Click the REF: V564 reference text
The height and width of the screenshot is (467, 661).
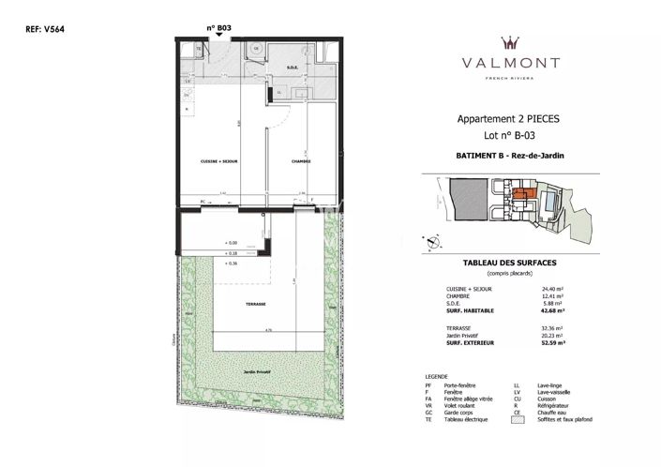40,29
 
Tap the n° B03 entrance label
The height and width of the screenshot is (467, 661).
218,27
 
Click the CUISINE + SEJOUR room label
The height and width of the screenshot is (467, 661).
219,161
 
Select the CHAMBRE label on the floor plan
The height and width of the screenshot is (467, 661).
301,161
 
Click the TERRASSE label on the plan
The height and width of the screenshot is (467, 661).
256,304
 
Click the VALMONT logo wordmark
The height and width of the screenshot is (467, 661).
511,63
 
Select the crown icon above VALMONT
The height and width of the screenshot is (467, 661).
511,42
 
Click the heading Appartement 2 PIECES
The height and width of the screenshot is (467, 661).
510,119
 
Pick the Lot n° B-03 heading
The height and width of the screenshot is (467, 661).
510,135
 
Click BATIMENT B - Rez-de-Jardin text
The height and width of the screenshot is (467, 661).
510,157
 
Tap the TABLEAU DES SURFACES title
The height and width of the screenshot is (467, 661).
510,263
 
